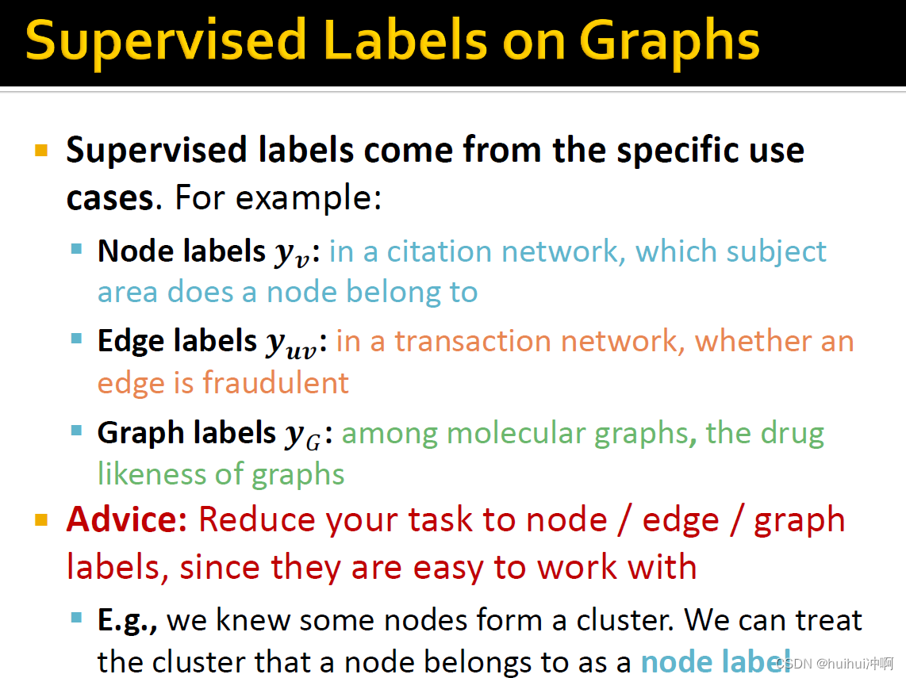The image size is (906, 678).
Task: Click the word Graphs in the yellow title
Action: tap(669, 41)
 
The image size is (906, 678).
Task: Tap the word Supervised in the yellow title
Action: tap(166, 40)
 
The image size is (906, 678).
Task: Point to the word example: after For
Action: tap(309, 197)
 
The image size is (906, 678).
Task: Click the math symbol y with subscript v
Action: tap(293, 254)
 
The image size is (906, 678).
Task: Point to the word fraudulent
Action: tap(275, 382)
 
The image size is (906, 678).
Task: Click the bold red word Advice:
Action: tap(127, 519)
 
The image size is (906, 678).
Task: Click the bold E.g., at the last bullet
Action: tap(127, 621)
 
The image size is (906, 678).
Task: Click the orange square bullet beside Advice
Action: tap(41, 519)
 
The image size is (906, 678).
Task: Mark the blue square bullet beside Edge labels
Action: tap(76, 339)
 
